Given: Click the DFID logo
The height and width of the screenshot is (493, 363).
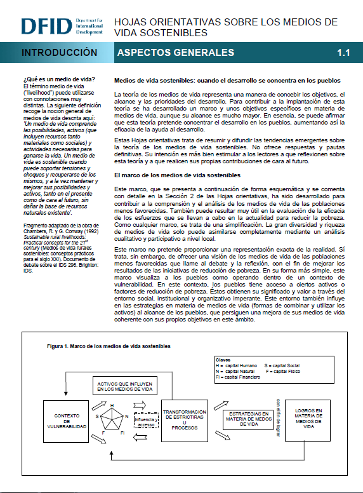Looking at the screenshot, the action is tap(62, 26).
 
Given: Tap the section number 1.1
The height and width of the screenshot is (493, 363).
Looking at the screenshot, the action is tap(343, 53).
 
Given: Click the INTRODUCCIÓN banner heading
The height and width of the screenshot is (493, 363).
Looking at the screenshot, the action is tap(60, 52).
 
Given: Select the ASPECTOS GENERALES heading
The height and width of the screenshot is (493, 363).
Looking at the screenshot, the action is tap(176, 52).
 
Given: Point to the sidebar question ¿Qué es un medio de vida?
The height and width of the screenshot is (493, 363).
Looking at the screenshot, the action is tap(59, 79).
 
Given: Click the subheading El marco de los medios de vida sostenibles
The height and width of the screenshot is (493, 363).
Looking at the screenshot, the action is tap(177, 175).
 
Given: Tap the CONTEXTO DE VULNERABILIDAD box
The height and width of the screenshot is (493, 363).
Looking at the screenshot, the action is tap(66, 421).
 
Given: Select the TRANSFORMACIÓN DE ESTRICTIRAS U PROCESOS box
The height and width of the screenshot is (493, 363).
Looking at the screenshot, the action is tap(185, 421).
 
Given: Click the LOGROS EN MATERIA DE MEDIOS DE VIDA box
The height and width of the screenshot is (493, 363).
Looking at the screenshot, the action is tap(308, 421).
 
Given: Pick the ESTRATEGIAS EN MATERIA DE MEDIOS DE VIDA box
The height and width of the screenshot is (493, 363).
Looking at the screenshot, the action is tap(248, 419).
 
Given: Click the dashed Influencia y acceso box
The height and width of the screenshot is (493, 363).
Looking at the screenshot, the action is tap(147, 421).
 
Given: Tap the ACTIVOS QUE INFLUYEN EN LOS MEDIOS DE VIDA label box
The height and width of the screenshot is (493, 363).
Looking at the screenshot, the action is tap(125, 386).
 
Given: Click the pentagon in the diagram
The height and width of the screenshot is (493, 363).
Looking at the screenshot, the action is tap(112, 419).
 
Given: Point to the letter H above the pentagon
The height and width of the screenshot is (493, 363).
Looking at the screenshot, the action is tap(112, 405).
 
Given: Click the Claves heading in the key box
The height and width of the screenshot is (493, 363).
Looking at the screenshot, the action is tap(223, 360).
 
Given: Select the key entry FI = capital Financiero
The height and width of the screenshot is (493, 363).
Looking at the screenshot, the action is tap(238, 377).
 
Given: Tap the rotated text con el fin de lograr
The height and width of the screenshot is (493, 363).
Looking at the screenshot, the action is tap(278, 418).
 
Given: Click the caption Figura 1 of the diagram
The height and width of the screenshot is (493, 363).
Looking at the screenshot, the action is tap(109, 346).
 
